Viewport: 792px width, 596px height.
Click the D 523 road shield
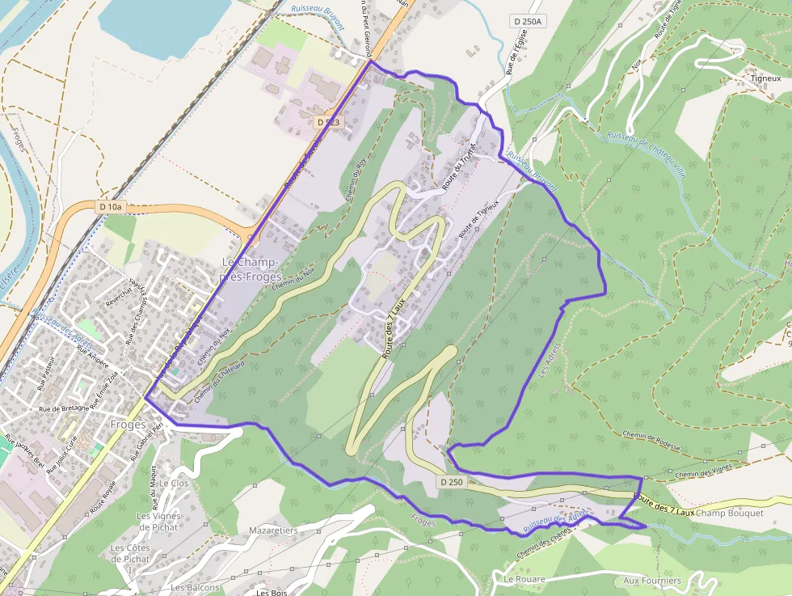[x=329, y=121]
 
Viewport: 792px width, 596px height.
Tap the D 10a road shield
[x=111, y=207]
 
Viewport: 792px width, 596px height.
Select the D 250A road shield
[x=528, y=21]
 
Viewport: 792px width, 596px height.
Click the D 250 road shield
[x=453, y=481]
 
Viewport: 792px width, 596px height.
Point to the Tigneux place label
[x=765, y=78]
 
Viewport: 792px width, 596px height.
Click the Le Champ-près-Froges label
[x=251, y=270]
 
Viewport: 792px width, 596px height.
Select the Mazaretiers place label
[x=273, y=530]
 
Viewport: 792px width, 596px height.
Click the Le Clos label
[x=174, y=483]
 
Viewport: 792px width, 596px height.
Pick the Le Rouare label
[x=524, y=579]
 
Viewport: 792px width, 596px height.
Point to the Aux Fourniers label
[x=652, y=581]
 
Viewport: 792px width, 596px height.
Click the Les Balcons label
[x=195, y=587]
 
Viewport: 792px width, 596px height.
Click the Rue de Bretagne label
[x=65, y=408]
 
